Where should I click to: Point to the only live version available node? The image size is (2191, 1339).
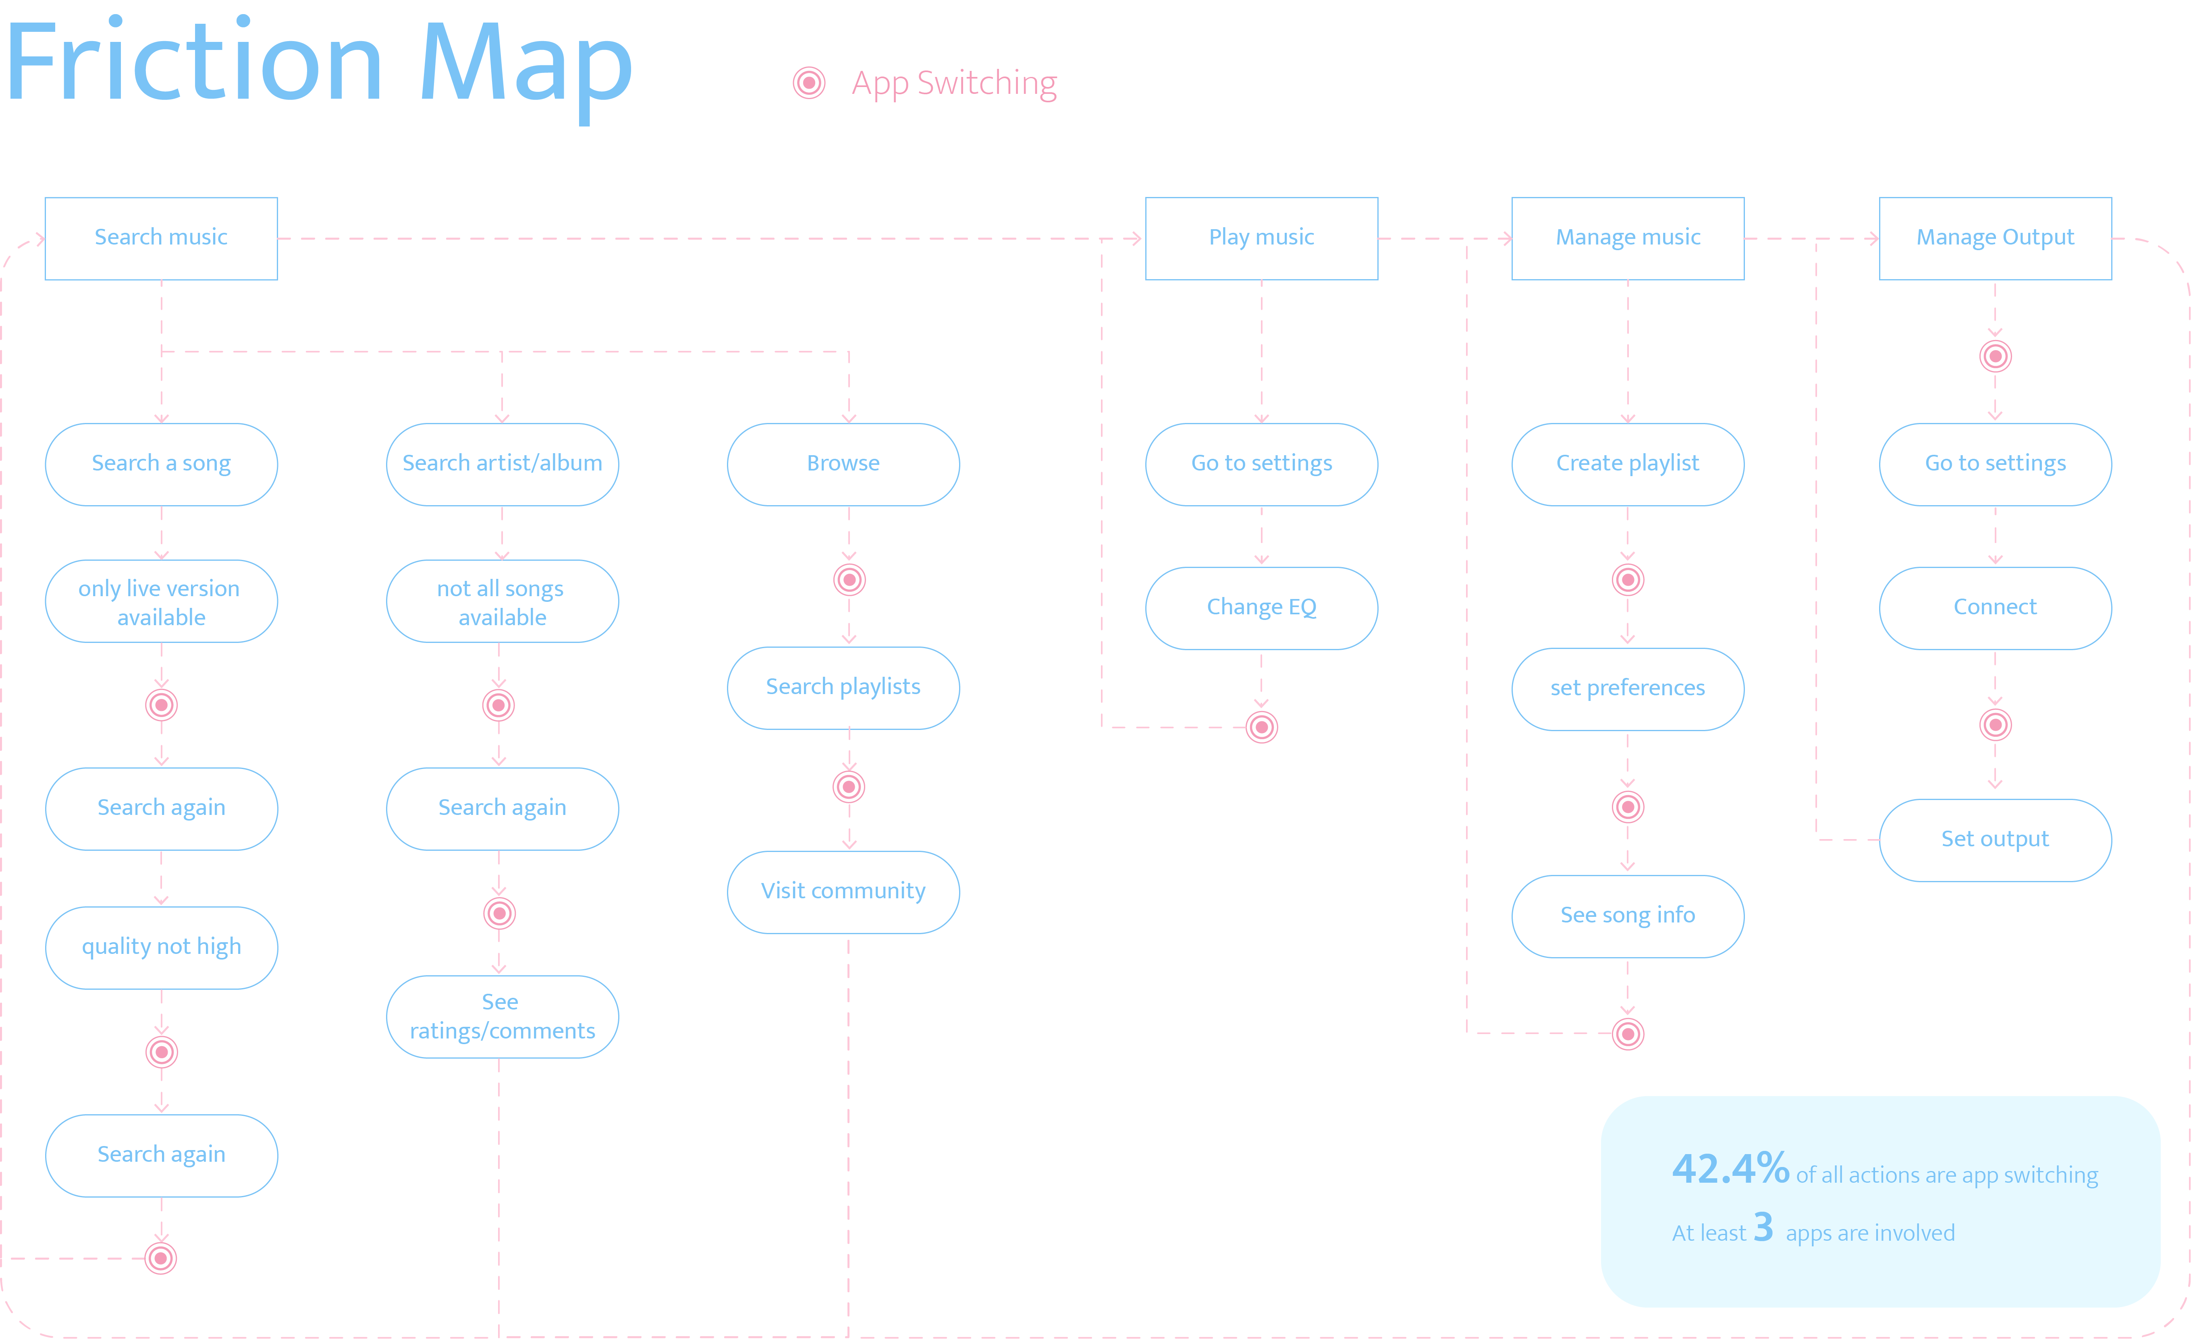[161, 602]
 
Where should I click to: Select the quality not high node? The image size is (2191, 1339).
[161, 947]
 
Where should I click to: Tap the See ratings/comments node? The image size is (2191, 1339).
[502, 1016]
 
